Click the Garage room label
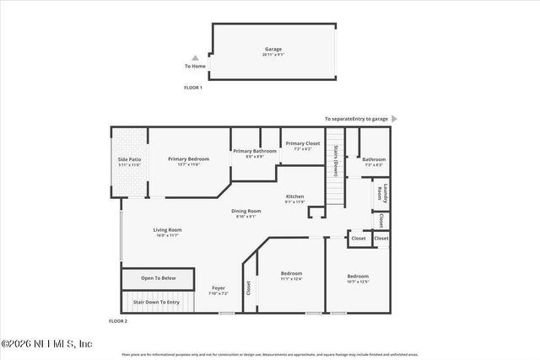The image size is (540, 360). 274,50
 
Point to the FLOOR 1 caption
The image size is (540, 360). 193,88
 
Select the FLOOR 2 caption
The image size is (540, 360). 118,321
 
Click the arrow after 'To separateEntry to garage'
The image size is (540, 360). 394,119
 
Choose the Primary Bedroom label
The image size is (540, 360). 188,159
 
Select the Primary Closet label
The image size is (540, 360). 302,143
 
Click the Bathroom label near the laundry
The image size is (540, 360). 374,159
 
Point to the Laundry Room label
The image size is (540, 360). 385,193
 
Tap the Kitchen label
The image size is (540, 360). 294,196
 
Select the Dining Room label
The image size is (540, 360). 248,211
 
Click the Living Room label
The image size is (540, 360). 167,229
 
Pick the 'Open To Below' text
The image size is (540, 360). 159,277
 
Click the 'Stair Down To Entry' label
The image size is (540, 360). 156,302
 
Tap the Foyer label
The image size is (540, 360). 219,288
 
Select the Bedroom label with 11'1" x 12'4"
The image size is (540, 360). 291,274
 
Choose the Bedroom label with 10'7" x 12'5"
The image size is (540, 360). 358,276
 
